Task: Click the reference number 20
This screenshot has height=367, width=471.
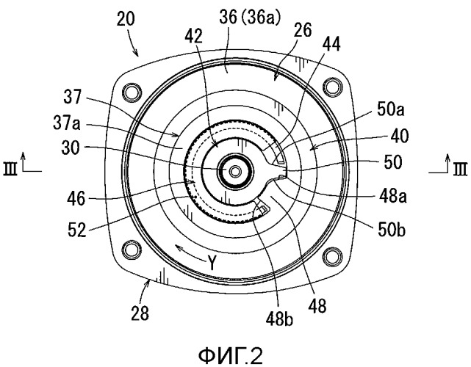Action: point(126,20)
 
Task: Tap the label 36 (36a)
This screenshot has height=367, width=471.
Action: point(250,18)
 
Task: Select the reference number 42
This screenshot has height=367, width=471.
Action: point(193,36)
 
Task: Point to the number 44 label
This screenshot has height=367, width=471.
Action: point(331,44)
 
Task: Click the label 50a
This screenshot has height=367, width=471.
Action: point(390,110)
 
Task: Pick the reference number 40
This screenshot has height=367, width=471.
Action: point(400,136)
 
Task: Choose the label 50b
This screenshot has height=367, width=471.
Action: point(392,230)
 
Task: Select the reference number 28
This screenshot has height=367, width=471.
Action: point(140,313)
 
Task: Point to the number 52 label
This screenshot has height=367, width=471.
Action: point(77,230)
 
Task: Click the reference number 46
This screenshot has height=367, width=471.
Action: point(76,199)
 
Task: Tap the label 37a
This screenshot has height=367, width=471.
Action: point(67,123)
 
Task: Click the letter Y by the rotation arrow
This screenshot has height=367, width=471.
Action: point(212,264)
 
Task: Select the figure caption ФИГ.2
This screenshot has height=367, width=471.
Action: point(231,356)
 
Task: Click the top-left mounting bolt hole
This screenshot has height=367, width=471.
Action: point(132,92)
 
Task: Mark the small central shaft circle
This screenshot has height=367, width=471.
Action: point(234,172)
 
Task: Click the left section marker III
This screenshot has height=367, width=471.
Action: point(10,169)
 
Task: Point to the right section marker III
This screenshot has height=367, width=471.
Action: point(460,169)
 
